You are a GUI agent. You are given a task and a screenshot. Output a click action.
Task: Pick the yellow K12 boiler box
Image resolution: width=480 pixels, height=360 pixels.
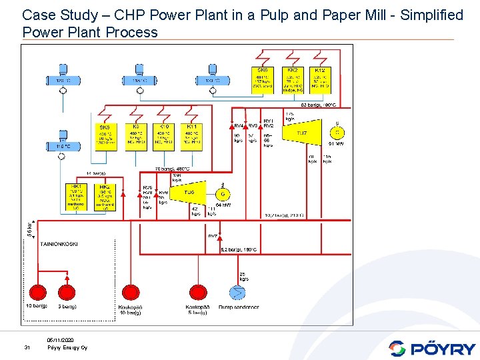click(320, 80)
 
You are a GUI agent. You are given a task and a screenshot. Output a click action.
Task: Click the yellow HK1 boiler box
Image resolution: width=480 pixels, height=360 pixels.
click(77, 197)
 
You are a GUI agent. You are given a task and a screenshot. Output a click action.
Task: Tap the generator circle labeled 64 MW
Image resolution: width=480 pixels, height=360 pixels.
click(222, 195)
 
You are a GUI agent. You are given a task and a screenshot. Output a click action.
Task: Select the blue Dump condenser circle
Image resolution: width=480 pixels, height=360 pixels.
click(237, 292)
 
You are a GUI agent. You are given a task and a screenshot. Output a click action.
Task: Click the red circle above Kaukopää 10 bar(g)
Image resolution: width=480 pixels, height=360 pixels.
click(129, 292)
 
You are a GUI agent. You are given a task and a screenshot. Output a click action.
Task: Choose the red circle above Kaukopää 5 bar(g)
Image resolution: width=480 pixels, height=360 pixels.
click(198, 292)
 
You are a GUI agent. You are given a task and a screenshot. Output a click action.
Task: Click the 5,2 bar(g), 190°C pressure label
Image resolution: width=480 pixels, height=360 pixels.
click(239, 250)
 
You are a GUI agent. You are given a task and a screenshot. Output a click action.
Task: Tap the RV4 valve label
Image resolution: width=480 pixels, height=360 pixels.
click(238, 125)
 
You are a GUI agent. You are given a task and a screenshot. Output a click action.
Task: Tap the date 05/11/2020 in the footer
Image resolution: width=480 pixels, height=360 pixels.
click(61, 340)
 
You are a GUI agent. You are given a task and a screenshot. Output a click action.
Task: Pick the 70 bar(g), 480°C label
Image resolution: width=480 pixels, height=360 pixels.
click(172, 169)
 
